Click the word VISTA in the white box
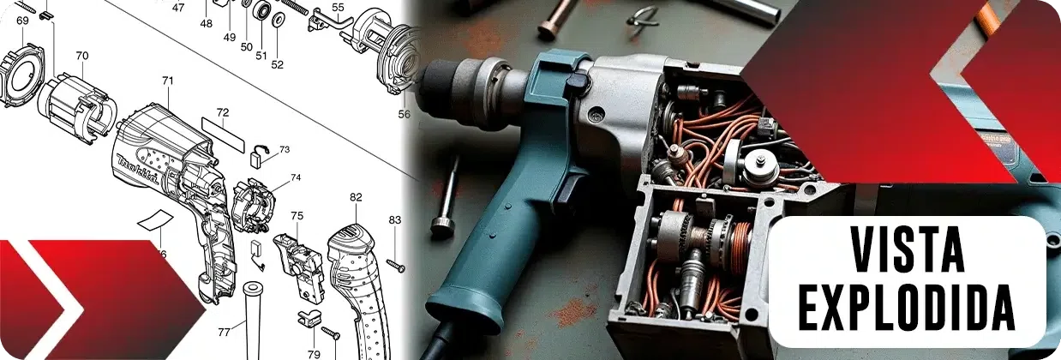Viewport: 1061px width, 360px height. point(907,249)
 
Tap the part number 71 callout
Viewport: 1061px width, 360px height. point(168,81)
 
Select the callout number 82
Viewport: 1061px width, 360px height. point(356,197)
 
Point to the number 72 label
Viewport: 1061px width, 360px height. point(223,113)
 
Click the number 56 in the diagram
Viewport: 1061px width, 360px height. point(404,114)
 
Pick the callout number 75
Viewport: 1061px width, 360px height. point(297,216)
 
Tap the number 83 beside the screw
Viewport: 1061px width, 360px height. point(395,219)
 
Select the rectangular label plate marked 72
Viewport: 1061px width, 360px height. point(223,135)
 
